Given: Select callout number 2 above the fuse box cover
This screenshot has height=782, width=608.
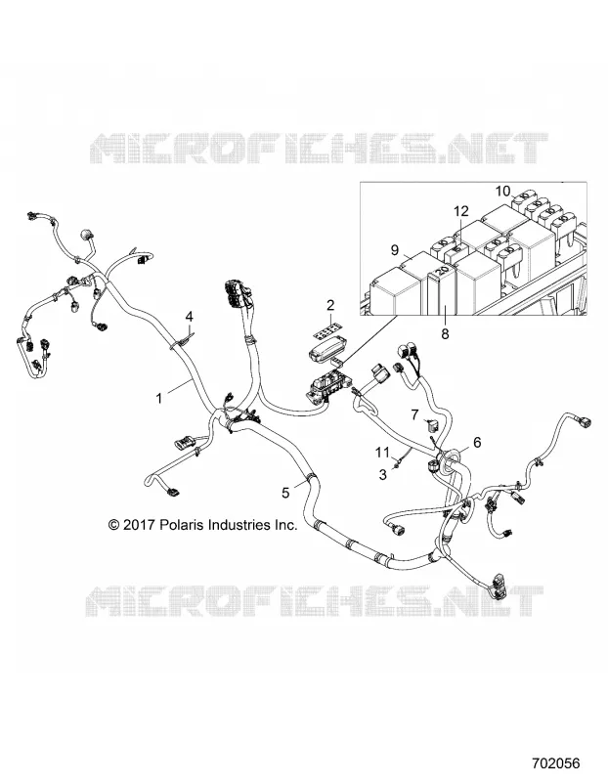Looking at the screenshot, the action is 330,305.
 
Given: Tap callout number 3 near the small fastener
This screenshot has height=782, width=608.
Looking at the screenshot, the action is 382,475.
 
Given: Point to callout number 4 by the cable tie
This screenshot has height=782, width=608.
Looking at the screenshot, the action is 189,316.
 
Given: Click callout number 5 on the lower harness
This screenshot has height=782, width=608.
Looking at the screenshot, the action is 285,493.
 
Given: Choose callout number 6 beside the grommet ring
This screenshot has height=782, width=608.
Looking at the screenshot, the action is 477,442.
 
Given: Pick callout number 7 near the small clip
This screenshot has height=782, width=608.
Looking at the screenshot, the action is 414,414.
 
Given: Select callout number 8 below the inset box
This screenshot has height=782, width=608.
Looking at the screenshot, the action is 445,333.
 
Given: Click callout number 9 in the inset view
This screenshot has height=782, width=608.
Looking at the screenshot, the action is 395,250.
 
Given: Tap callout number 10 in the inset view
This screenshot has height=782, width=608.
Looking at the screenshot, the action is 502,191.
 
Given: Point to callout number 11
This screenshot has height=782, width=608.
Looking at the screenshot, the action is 382,453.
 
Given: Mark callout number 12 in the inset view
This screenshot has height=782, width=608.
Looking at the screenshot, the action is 461,211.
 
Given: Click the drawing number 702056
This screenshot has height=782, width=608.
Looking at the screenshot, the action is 555,763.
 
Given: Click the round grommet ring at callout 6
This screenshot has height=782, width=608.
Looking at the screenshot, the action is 452,457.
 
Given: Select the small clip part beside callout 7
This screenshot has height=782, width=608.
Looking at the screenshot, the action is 432,425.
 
